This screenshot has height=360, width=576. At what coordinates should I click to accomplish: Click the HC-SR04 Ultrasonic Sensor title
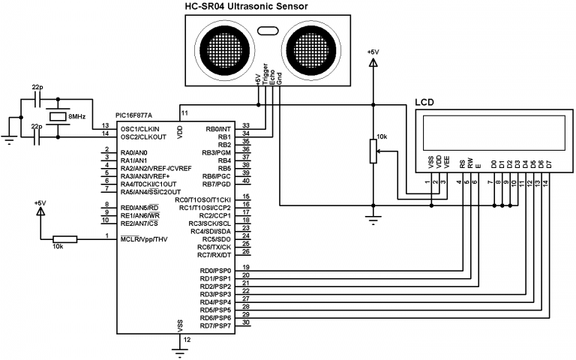(246, 7)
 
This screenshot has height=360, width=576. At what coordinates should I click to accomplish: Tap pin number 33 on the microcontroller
(245, 125)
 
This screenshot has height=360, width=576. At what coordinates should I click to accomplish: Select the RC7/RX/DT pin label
(214, 255)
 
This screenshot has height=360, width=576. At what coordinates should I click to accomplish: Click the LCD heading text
(424, 102)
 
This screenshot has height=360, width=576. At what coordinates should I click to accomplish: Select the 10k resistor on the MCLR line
(64, 239)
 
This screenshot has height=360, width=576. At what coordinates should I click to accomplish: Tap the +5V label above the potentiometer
(373, 52)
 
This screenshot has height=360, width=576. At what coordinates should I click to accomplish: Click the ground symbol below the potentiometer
(373, 220)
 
